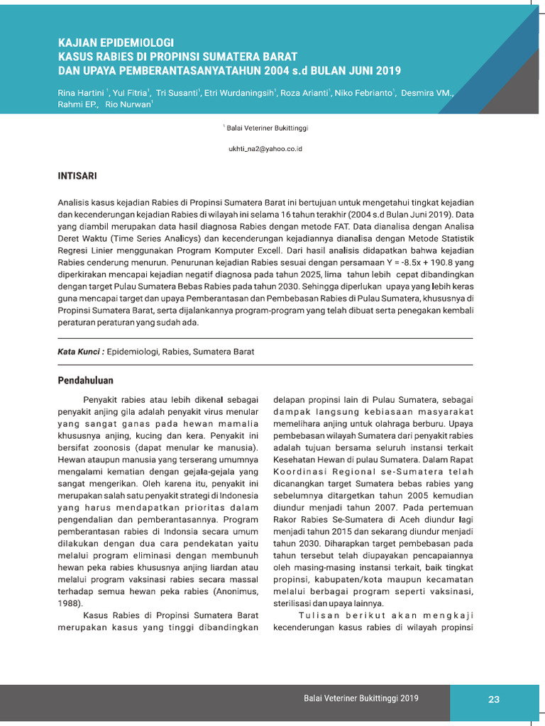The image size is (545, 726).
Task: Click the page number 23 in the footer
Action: (494, 699)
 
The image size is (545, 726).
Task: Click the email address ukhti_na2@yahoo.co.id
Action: (265, 150)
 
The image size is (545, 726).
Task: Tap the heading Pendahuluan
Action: (85, 381)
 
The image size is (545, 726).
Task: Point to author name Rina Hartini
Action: (82, 93)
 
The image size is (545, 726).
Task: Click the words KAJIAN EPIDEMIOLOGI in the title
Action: (116, 43)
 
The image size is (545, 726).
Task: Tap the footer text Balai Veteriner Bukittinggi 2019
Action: (361, 699)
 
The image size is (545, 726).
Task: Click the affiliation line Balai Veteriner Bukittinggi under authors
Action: (267, 128)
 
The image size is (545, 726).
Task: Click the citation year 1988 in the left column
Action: (70, 603)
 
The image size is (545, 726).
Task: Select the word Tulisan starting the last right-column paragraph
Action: (316, 615)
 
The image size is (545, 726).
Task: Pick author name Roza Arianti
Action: (304, 93)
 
